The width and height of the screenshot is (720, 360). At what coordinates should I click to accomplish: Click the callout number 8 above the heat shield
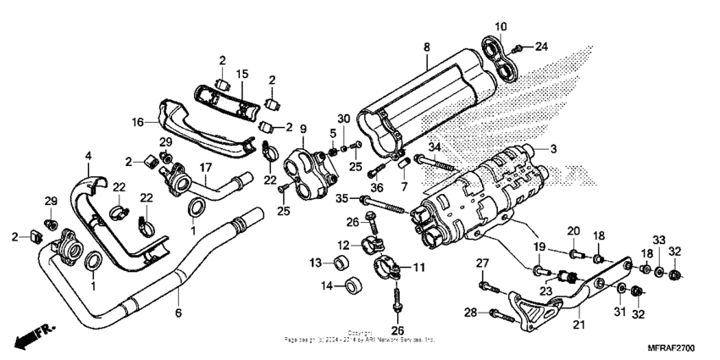[x=426, y=47]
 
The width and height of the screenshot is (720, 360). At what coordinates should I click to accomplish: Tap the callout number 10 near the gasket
[x=500, y=25]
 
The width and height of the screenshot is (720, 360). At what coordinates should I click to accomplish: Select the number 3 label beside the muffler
[x=578, y=149]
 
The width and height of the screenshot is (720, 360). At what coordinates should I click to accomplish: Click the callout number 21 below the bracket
[x=578, y=324]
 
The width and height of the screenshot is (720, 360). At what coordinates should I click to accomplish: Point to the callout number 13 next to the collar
[x=314, y=261]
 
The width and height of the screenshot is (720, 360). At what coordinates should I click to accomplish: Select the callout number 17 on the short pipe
[x=205, y=168]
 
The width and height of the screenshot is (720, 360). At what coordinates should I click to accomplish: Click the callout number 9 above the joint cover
[x=302, y=129]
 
